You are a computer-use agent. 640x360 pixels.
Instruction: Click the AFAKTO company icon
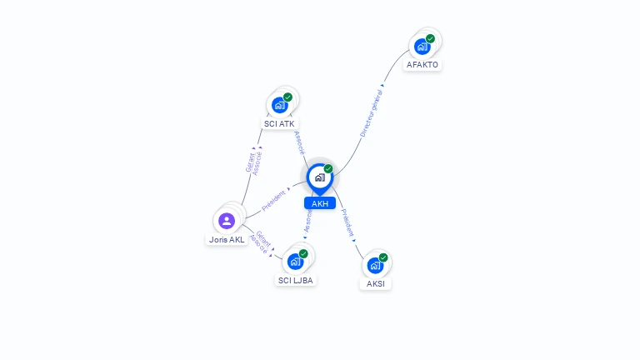[x=422, y=46]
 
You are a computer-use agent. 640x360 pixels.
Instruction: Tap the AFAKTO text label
[x=422, y=64]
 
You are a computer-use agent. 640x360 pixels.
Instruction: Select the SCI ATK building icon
[x=280, y=105]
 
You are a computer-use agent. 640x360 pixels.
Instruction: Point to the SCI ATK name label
[x=280, y=123]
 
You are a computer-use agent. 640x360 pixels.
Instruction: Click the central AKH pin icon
[x=319, y=177]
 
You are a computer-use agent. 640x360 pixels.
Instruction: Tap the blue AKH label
[x=319, y=203]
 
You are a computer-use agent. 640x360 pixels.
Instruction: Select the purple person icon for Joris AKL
[x=227, y=221]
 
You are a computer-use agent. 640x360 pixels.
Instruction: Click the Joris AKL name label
[x=227, y=239]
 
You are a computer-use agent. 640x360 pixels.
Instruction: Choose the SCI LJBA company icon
[x=295, y=261]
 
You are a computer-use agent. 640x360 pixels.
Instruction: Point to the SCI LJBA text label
[x=295, y=280]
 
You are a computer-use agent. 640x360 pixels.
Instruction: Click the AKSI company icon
[x=375, y=265]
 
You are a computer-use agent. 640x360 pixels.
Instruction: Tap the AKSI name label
[x=375, y=283]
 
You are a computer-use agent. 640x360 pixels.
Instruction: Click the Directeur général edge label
[x=372, y=114]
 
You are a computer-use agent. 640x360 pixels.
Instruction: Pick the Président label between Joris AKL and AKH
[x=274, y=200]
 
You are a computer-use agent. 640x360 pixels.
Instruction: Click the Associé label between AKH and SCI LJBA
[x=308, y=220]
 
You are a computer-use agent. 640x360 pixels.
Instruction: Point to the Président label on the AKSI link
[x=348, y=222]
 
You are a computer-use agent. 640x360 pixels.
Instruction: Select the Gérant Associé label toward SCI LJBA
[x=261, y=241]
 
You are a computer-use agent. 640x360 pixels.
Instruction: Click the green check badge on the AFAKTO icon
[x=431, y=38]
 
